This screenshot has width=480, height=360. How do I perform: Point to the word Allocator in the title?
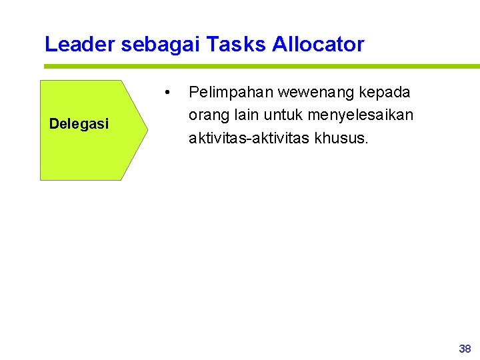click(x=319, y=45)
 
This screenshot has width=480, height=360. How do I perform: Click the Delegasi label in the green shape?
click(x=79, y=123)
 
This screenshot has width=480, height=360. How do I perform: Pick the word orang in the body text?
click(x=207, y=115)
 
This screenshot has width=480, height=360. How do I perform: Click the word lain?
click(x=245, y=115)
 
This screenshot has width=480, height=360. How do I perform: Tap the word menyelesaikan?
click(x=361, y=115)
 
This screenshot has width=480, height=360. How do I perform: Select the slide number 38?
click(x=465, y=349)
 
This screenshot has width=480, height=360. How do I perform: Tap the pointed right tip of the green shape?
click(x=147, y=130)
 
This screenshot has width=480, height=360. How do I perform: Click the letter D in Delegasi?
click(x=53, y=123)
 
